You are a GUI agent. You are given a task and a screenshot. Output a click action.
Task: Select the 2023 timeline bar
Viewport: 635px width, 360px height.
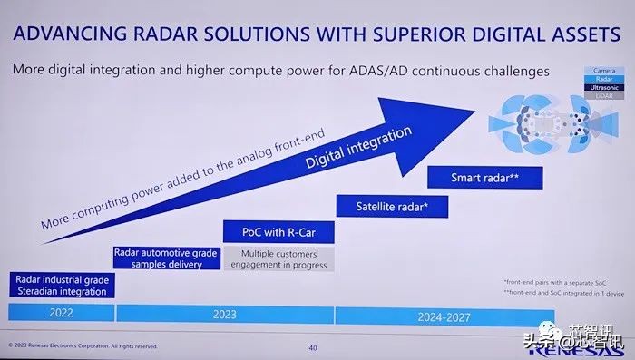point(224,314)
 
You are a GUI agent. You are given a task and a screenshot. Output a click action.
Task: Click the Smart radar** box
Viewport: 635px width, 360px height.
point(484,177)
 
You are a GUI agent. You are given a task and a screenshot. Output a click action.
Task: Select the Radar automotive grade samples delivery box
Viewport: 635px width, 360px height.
point(165,258)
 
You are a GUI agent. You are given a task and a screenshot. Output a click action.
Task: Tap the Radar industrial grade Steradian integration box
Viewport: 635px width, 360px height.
point(60,285)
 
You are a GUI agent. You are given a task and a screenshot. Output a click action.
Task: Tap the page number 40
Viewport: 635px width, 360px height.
point(312,345)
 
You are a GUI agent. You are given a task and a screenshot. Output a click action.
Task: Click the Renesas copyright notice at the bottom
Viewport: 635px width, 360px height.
point(83,345)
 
